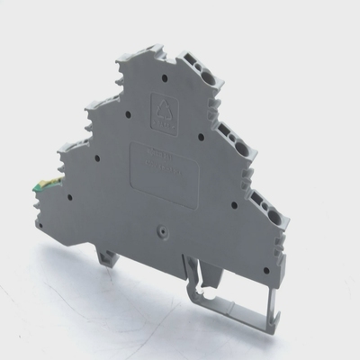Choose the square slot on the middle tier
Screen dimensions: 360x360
[x=225, y=132]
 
